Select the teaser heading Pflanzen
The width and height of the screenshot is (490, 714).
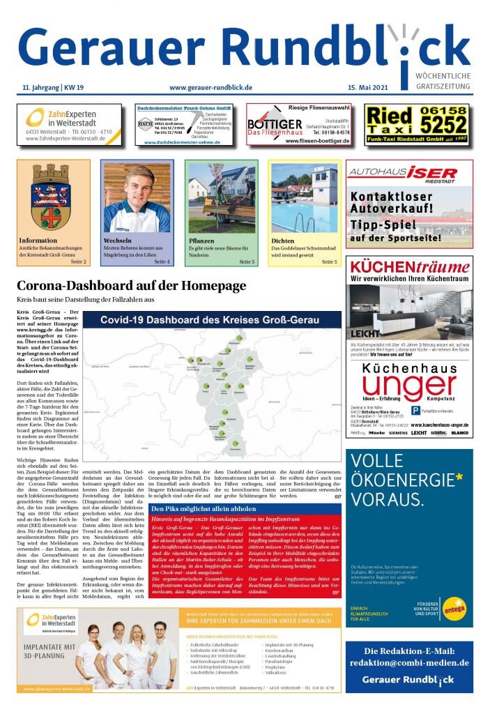click(201, 241)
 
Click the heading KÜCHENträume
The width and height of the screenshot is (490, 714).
click(409, 266)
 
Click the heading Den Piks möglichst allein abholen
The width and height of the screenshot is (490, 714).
click(205, 489)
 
